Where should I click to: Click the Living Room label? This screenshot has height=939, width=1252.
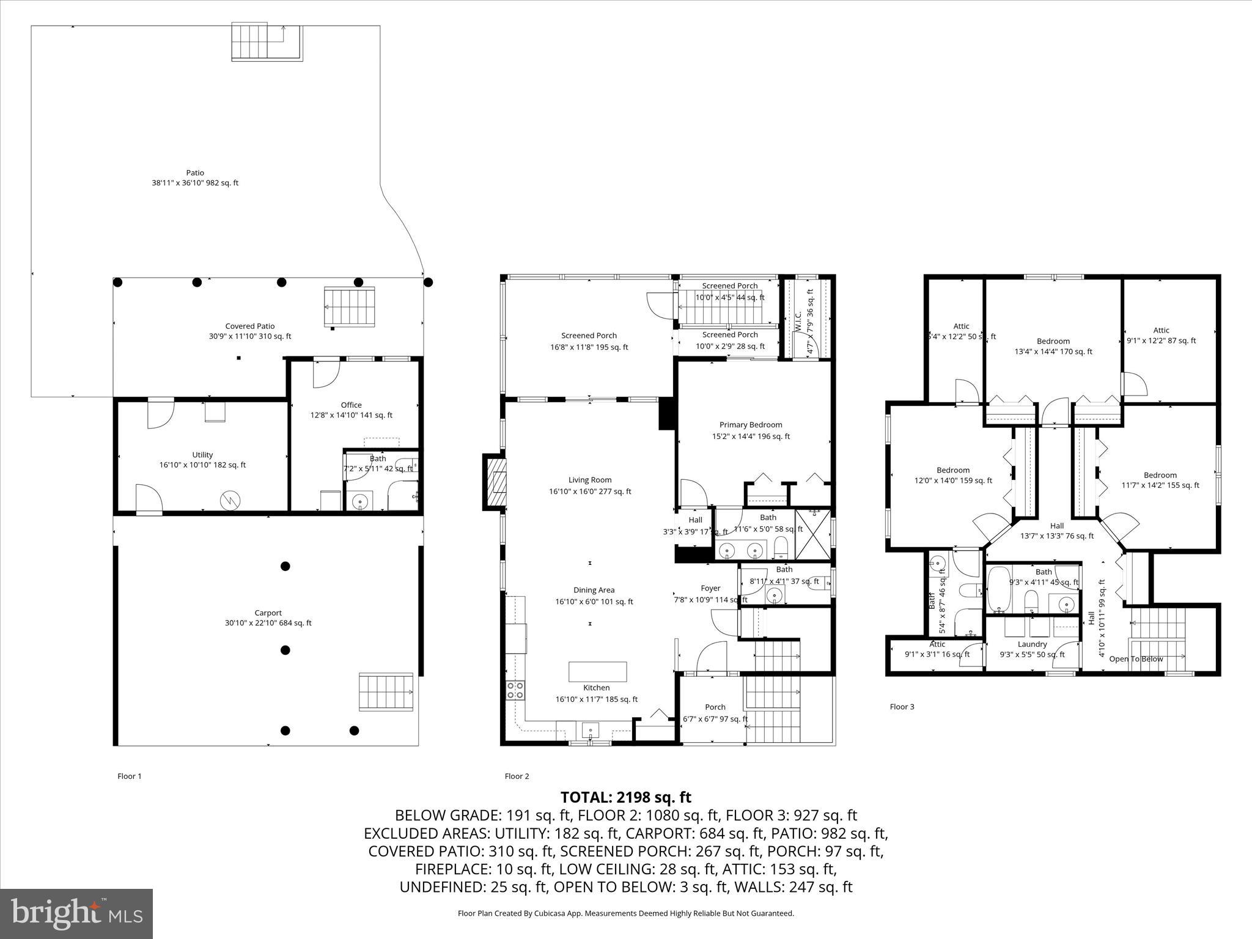pyautogui.click(x=590, y=481)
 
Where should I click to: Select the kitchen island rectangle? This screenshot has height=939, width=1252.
pyautogui.click(x=597, y=671)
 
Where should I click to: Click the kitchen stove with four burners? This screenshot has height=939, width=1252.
pyautogui.click(x=515, y=690)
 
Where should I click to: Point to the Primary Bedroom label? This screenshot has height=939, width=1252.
pyautogui.click(x=750, y=425)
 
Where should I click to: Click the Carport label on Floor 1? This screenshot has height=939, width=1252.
pyautogui.click(x=268, y=613)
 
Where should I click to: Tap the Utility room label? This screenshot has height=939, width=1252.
pyautogui.click(x=202, y=455)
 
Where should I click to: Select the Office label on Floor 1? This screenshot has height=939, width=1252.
pyautogui.click(x=351, y=405)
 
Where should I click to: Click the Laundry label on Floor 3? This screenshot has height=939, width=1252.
pyautogui.click(x=1032, y=644)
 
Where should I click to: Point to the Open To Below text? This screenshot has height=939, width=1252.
pyautogui.click(x=1136, y=659)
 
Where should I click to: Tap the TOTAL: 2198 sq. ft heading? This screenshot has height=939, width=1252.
pyautogui.click(x=625, y=797)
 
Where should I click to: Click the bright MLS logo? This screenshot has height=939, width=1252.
pyautogui.click(x=76, y=913)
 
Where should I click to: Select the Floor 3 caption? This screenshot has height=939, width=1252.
pyautogui.click(x=902, y=707)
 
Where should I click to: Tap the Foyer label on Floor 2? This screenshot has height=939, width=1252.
pyautogui.click(x=710, y=589)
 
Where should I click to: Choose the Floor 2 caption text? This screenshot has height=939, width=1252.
pyautogui.click(x=517, y=776)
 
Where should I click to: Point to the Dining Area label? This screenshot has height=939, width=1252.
pyautogui.click(x=594, y=591)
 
